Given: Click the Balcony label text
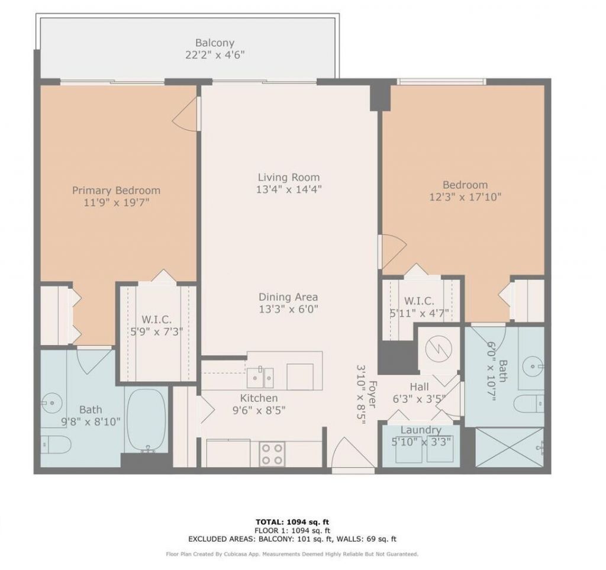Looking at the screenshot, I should coord(215,43).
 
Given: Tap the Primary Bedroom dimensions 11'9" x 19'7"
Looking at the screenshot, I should coord(116,202).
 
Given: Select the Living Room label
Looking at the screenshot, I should coord(288,177).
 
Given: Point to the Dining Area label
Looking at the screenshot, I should coord(288,297).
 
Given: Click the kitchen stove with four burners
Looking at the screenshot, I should coord(272,454).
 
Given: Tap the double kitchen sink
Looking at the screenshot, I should coord(260,375).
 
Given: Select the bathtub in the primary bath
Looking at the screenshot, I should coord(147,420).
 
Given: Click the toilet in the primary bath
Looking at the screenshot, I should coord(55,442).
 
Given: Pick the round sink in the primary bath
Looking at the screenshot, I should coord(51,404).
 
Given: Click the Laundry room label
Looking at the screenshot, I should coord(421,430).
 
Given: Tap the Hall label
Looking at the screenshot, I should coord(419,387).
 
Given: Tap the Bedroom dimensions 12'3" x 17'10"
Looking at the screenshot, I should coord(466,197).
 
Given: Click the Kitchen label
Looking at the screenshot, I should coord(259,398).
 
